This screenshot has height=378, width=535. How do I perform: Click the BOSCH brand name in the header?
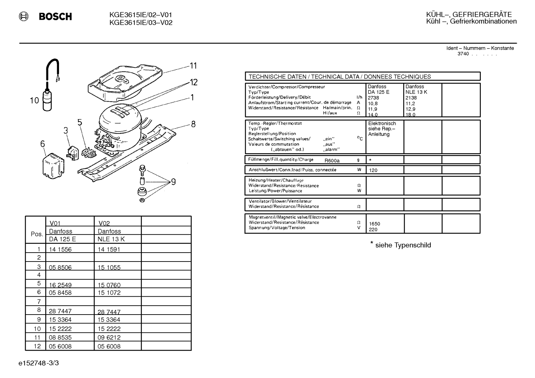[55, 16]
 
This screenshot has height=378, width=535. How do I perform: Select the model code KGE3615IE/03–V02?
[141, 23]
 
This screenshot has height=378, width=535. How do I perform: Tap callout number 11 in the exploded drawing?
[193, 66]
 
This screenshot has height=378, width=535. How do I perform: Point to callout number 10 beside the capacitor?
[35, 100]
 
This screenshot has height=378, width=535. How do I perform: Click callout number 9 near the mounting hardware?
[173, 182]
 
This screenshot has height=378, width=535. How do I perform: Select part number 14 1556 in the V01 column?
[60, 249]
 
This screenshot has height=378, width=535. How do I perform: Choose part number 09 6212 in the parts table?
[109, 338]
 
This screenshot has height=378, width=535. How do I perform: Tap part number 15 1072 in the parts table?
[109, 293]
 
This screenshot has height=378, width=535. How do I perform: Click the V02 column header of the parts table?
[104, 223]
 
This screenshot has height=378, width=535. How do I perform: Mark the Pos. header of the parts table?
[37, 234]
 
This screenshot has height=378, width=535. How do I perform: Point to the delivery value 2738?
[373, 98]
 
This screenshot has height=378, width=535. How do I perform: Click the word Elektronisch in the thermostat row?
[382, 124]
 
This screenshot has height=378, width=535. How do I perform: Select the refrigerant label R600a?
[332, 161]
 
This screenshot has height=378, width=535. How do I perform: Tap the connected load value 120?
[373, 170]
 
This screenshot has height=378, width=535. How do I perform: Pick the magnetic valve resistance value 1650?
[374, 224]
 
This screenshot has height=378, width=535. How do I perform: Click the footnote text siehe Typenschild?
[403, 245]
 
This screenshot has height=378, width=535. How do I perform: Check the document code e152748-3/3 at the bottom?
[39, 363]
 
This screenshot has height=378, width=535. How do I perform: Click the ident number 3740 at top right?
[463, 54]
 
